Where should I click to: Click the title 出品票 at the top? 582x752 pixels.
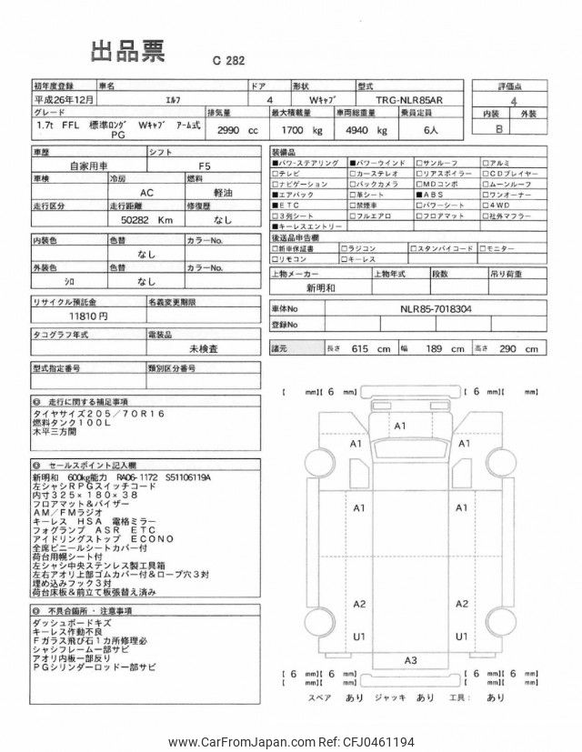click(126, 52)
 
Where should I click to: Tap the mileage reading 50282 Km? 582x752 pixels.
click(145, 219)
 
